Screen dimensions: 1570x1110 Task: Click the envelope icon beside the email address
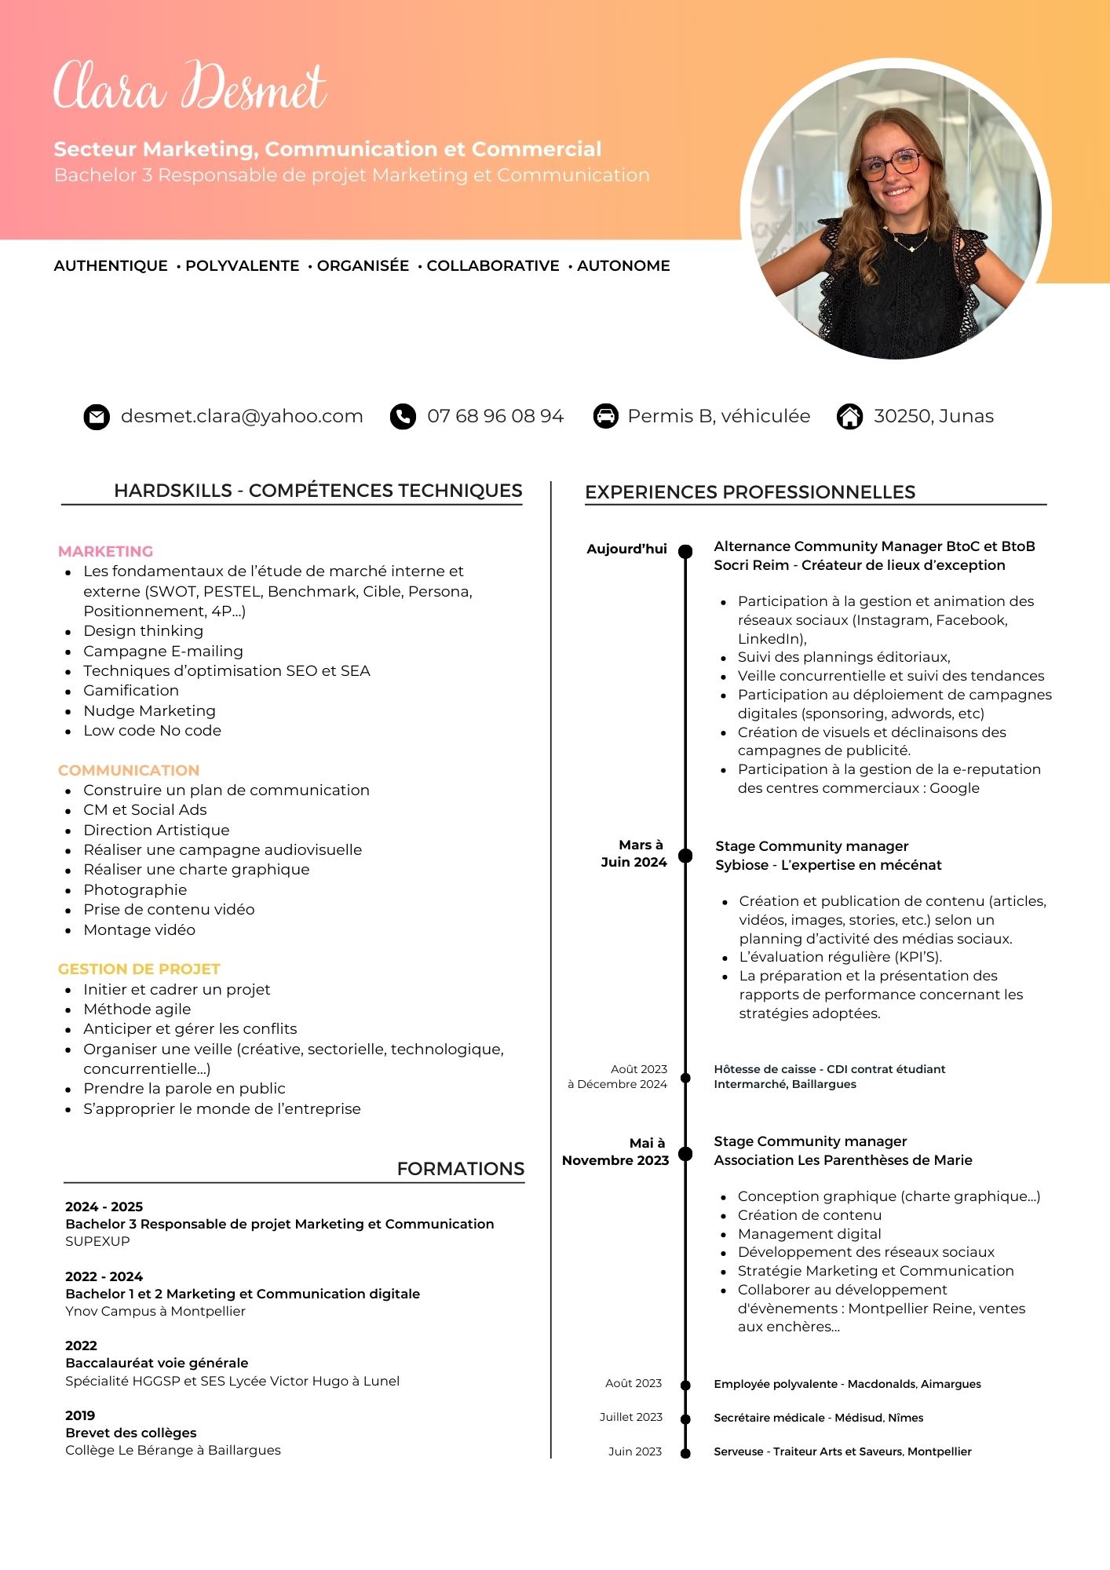click(x=97, y=417)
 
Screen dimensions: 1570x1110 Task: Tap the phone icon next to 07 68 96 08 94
click(x=403, y=417)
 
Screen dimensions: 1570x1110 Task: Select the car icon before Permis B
click(x=605, y=416)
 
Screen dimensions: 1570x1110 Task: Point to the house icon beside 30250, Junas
click(x=849, y=416)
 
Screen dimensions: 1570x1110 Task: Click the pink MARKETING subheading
click(x=105, y=551)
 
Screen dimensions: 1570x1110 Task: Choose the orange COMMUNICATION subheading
click(x=129, y=770)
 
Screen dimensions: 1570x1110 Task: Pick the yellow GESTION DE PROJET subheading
click(x=139, y=969)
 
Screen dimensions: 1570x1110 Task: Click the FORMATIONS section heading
click(x=460, y=1169)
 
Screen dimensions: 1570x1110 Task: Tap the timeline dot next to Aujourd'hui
click(x=685, y=551)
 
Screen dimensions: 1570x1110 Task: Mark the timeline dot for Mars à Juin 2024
click(x=685, y=855)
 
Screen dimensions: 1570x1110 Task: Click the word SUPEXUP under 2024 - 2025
click(x=97, y=1241)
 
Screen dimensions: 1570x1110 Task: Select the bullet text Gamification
click(x=131, y=691)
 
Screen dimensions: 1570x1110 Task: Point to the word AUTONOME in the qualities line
click(x=623, y=266)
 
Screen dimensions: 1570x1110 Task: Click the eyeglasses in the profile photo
click(x=891, y=163)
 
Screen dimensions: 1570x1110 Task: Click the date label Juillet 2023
click(x=631, y=1417)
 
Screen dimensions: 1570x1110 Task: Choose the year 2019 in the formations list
click(x=80, y=1415)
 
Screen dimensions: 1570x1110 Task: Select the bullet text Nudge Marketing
click(x=149, y=710)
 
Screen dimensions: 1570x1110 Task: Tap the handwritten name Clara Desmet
click(x=190, y=86)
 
